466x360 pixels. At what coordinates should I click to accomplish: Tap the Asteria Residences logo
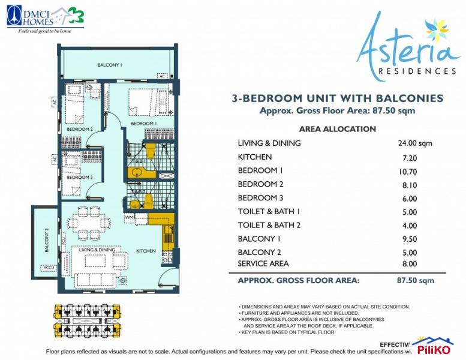point(408,48)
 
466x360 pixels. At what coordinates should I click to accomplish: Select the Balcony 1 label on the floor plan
point(110,64)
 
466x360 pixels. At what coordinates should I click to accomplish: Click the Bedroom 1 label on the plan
point(144,124)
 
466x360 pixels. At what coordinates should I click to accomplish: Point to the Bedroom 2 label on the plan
point(79,129)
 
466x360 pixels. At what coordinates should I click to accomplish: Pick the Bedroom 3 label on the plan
point(79,178)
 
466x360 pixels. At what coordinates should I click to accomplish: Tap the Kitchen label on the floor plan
point(146,251)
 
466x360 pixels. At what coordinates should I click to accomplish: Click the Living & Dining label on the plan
point(97,249)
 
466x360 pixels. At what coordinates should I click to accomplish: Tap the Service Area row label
point(263,263)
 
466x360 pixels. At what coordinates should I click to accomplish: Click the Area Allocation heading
point(337,129)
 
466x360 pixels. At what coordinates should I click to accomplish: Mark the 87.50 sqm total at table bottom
point(419,280)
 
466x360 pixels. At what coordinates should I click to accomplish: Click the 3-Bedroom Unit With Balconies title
point(337,98)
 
